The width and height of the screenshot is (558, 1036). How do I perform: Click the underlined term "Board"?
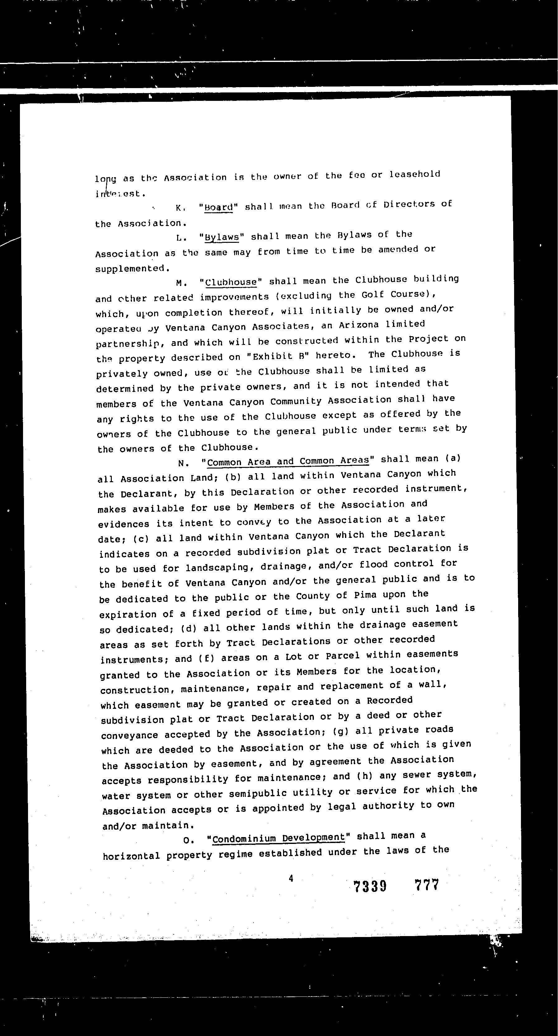(219, 207)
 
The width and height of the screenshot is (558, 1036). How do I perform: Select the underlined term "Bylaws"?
(222, 237)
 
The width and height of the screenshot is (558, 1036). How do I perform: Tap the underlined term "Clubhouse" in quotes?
(231, 282)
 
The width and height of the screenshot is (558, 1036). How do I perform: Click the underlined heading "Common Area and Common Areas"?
(288, 461)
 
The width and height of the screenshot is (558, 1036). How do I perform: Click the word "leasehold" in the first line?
(415, 174)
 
